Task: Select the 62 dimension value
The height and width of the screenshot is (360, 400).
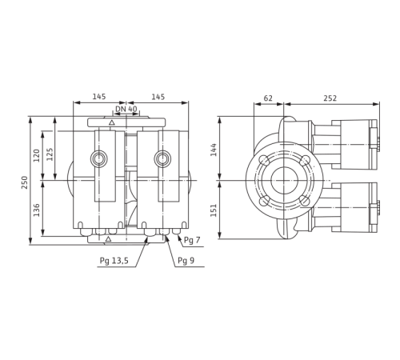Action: (x=268, y=98)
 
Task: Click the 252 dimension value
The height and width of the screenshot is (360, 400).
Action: (x=330, y=98)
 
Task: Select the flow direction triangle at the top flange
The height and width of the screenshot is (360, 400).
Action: (x=114, y=126)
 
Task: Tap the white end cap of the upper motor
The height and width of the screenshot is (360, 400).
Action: (x=374, y=138)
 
